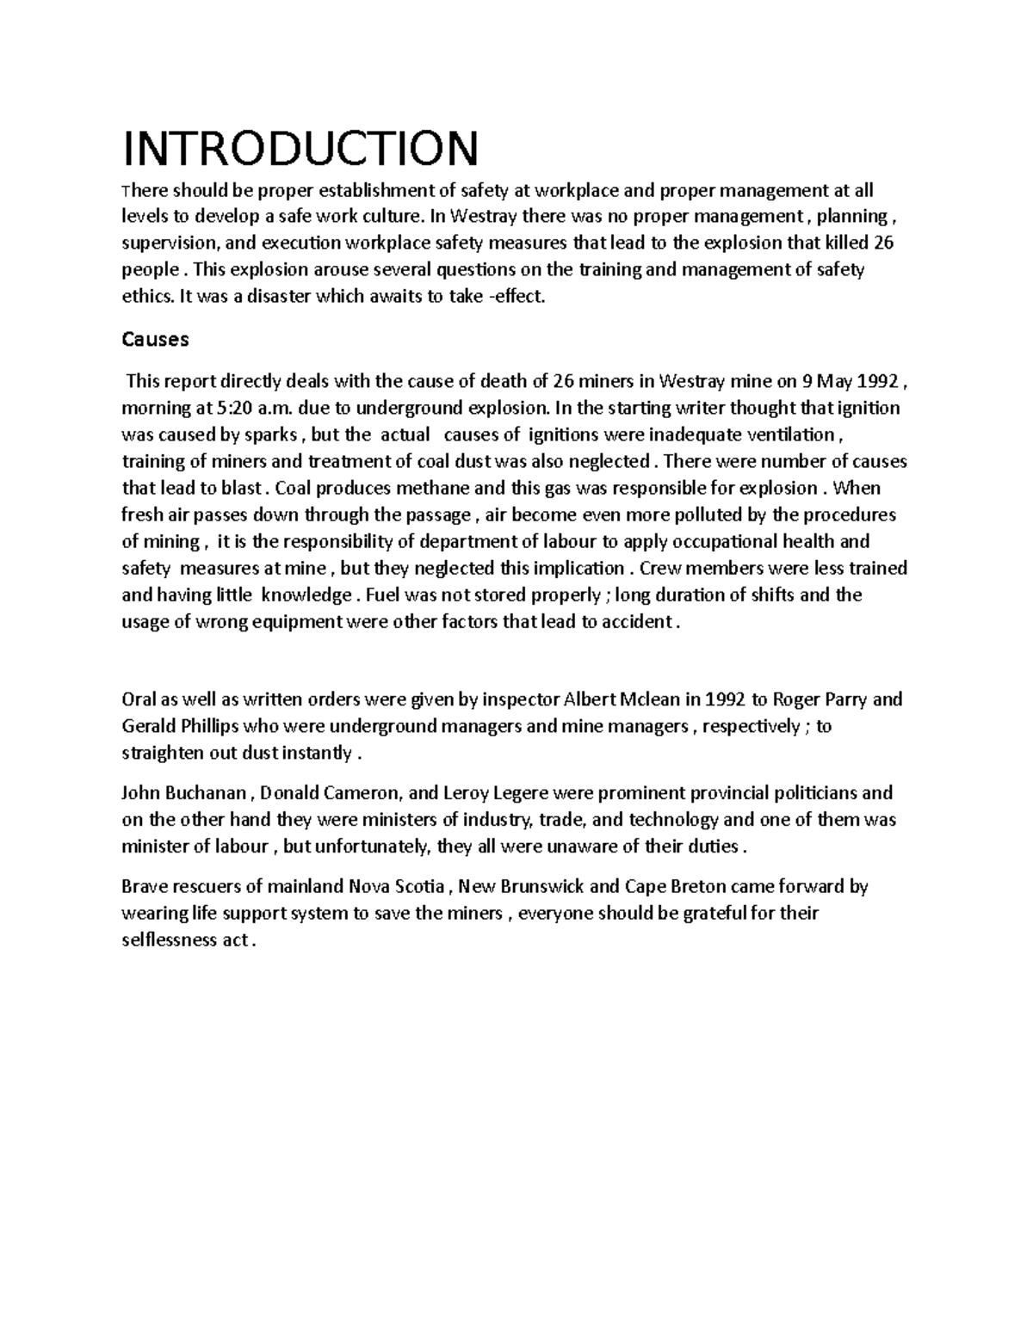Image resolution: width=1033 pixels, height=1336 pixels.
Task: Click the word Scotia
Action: coord(418,886)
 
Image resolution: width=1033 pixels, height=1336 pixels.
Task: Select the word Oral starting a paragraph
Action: coord(139,699)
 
